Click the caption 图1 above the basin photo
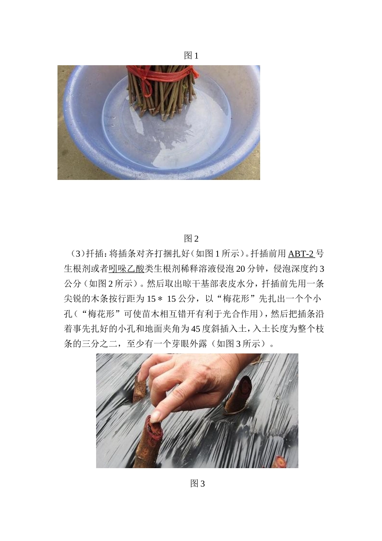pyautogui.click(x=191, y=56)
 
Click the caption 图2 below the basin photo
pyautogui.click(x=191, y=239)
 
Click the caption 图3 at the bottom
pyautogui.click(x=197, y=483)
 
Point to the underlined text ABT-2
pyautogui.click(x=301, y=254)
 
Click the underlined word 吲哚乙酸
pyautogui.click(x=126, y=268)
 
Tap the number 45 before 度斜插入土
pyautogui.click(x=196, y=328)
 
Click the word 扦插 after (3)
pyautogui.click(x=96, y=254)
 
